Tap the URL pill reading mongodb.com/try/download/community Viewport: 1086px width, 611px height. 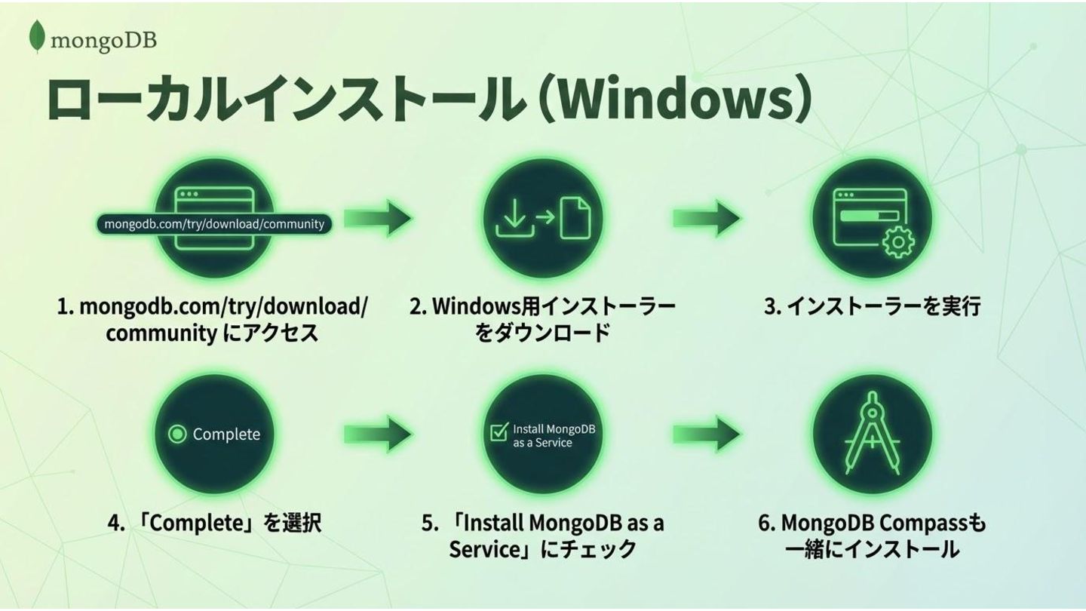(214, 224)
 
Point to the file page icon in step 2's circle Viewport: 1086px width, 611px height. (576, 216)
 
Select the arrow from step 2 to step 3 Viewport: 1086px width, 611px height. (706, 219)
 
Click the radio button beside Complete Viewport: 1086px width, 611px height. (177, 434)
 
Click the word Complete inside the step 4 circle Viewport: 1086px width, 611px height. (226, 434)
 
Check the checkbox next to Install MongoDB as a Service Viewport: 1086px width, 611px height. (499, 432)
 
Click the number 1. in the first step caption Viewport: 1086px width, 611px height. (65, 308)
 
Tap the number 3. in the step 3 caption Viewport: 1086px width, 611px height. (772, 308)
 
